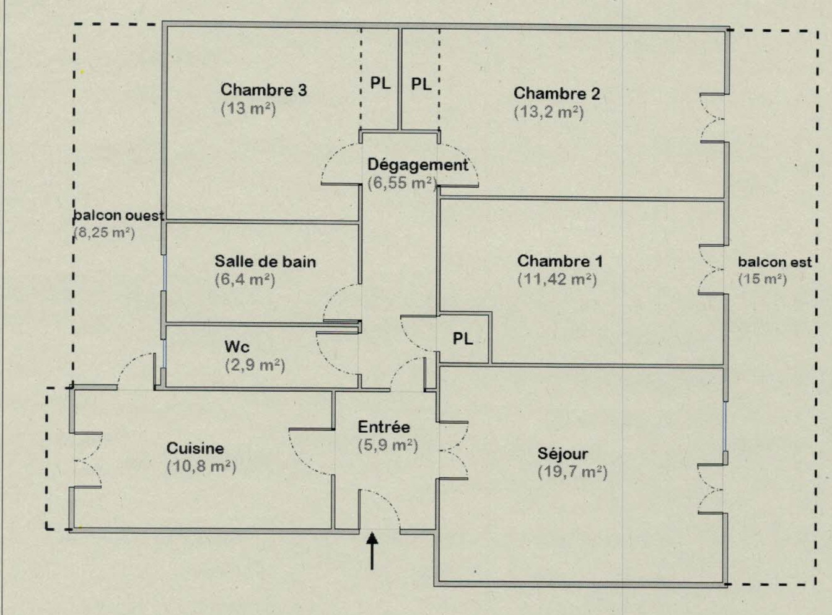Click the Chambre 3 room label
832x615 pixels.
tap(263, 91)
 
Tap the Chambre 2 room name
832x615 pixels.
tap(556, 94)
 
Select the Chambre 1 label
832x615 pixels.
tap(559, 261)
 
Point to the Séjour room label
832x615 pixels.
tap(563, 454)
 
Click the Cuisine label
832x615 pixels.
tap(195, 448)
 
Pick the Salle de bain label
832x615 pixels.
tap(265, 262)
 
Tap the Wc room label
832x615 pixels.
tap(237, 347)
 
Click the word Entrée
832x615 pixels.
tap(383, 427)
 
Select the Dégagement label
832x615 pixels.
tap(418, 165)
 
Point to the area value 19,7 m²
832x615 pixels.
tap(572, 472)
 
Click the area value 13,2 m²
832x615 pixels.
tap(548, 113)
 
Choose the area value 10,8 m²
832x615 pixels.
tap(201, 466)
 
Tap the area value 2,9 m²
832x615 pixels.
tap(255, 365)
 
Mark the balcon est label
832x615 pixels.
tap(774, 262)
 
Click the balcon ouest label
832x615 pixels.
tap(119, 216)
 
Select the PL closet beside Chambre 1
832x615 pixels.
tap(463, 338)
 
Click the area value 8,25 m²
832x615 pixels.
tap(104, 233)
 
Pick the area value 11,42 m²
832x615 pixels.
tap(557, 280)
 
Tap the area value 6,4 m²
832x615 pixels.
tap(245, 280)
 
